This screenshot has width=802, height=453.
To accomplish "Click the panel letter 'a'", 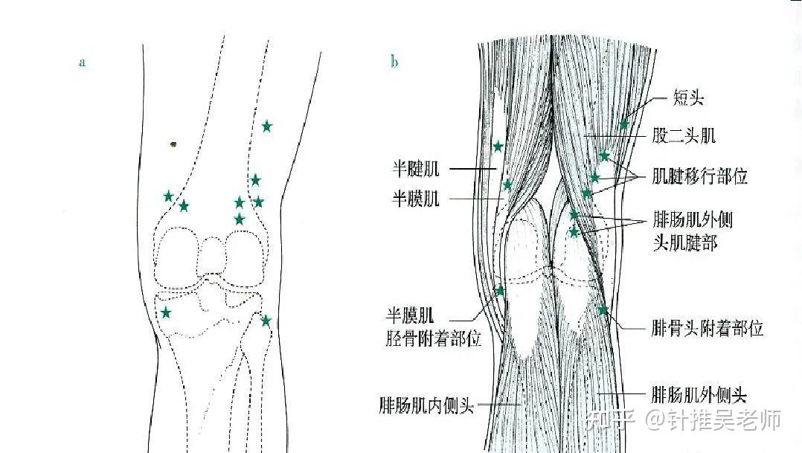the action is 83,62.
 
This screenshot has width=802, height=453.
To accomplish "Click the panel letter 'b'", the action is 394,62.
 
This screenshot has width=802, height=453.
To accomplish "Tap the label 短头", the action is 687,98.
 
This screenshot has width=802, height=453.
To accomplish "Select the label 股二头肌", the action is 684,135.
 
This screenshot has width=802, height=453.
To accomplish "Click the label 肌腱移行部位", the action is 699,177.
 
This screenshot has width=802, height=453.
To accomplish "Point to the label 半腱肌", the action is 416,170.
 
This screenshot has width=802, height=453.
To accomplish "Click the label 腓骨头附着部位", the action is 707,328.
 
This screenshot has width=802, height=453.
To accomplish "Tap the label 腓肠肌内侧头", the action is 426,406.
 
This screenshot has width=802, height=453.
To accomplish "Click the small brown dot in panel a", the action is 173,144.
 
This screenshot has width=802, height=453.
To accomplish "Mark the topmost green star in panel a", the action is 266,126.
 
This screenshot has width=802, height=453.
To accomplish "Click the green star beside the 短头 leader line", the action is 623,123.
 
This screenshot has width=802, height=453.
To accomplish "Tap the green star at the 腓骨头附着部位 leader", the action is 603,309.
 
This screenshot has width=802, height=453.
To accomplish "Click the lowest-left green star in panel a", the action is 165,312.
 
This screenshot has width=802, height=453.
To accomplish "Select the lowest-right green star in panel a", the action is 266,321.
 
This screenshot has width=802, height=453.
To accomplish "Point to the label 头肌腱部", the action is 684,243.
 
